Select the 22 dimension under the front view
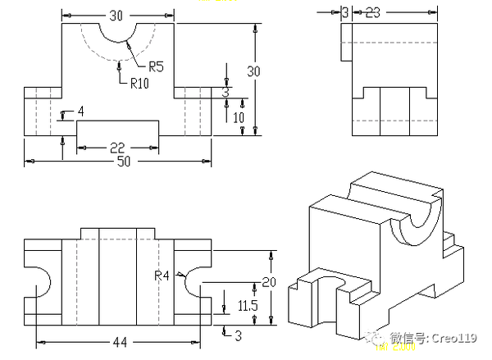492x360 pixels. pyautogui.click(x=117, y=147)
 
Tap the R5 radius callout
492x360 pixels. pyautogui.click(x=157, y=67)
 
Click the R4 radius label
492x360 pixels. pyautogui.click(x=162, y=276)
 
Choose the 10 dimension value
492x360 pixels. pyautogui.click(x=239, y=116)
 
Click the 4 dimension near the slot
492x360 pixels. pyautogui.click(x=80, y=111)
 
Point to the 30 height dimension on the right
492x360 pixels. pyautogui.click(x=254, y=71)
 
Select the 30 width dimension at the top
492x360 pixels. pyautogui.click(x=117, y=14)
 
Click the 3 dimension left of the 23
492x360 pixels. pyautogui.click(x=345, y=12)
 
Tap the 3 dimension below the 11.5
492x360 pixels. pyautogui.click(x=238, y=335)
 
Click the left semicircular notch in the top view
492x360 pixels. pyautogui.click(x=41, y=281)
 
